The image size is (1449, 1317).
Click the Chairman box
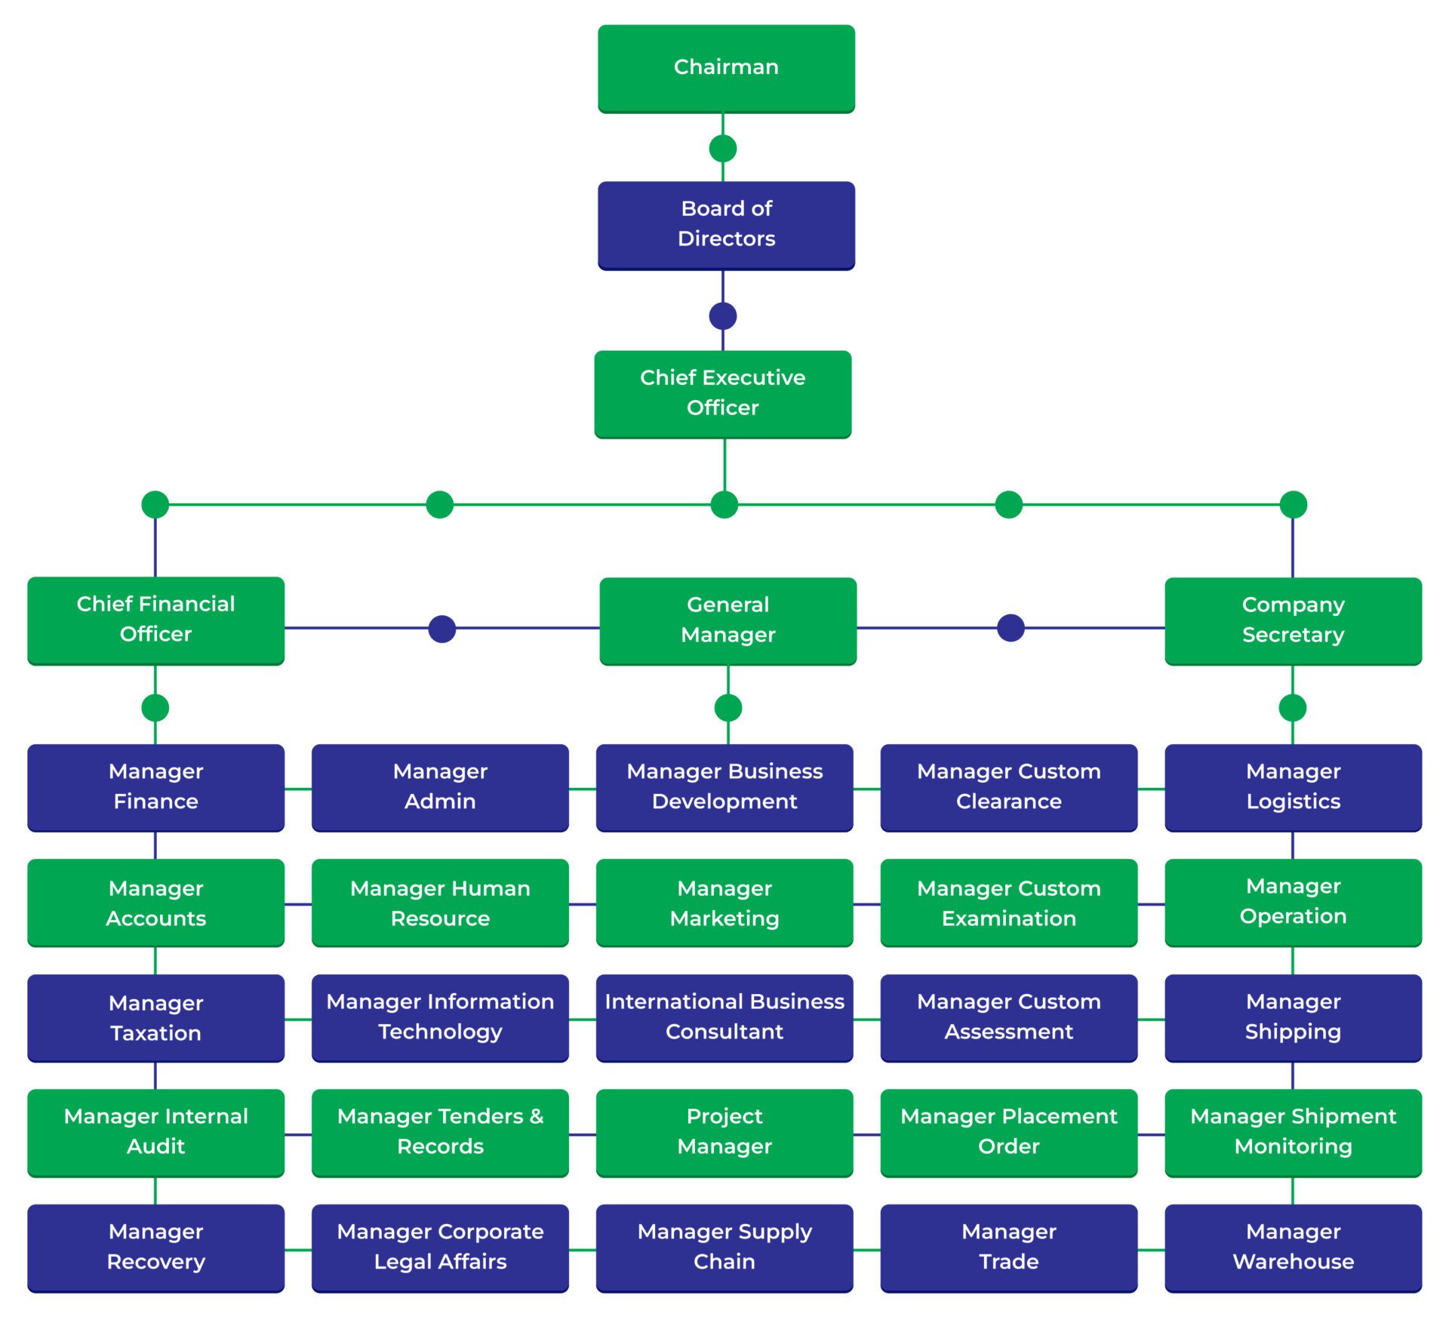(x=726, y=68)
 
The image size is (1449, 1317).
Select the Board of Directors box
(x=726, y=225)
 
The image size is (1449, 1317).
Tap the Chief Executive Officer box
(x=722, y=393)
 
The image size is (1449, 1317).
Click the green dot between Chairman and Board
(x=723, y=149)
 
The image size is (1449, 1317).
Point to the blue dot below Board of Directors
(x=723, y=316)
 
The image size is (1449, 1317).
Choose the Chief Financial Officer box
(x=155, y=620)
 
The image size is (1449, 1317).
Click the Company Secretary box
(x=1293, y=620)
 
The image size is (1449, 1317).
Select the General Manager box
(x=728, y=620)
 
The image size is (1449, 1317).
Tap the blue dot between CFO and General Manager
(x=442, y=629)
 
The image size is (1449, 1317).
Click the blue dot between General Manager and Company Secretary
(x=1011, y=628)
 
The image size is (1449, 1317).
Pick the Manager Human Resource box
(x=440, y=903)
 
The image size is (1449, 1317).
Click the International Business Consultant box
(x=724, y=1017)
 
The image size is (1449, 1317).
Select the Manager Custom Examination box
(x=1008, y=903)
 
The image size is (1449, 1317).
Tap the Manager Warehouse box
(x=1293, y=1248)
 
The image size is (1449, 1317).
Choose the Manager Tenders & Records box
(x=440, y=1132)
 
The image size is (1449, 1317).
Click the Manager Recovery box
(x=155, y=1248)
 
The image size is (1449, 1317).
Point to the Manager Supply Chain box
(x=724, y=1248)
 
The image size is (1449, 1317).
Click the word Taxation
(x=155, y=1033)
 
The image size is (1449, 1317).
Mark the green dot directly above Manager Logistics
(x=1293, y=708)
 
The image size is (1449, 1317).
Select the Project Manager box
(x=724, y=1132)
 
